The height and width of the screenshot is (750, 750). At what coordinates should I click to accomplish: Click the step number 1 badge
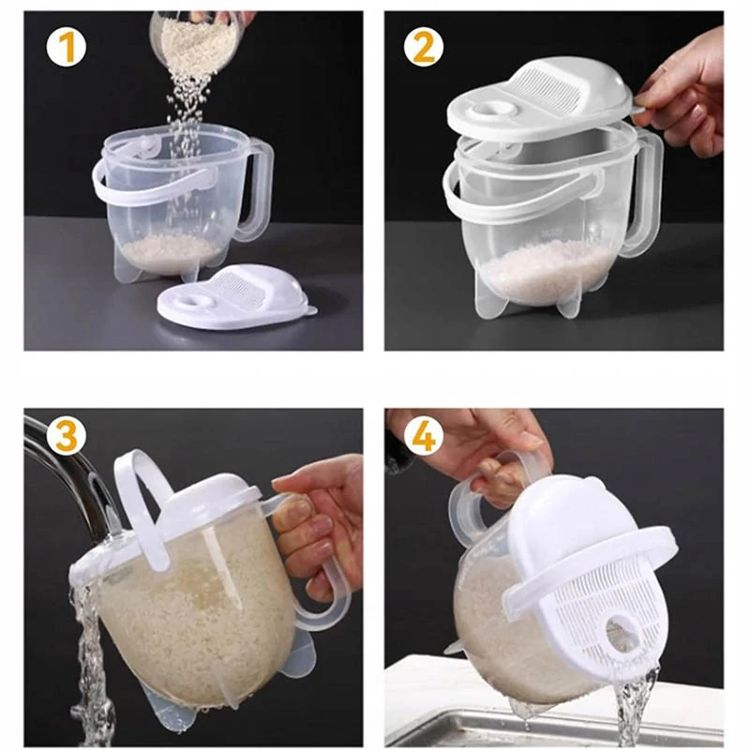click(x=67, y=48)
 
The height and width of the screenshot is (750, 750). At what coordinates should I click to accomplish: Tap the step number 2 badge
click(x=424, y=48)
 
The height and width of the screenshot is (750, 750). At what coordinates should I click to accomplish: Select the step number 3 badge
click(x=67, y=436)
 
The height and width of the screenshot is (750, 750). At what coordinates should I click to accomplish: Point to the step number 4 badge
click(x=424, y=436)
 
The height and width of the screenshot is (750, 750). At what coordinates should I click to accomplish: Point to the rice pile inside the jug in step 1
click(x=171, y=251)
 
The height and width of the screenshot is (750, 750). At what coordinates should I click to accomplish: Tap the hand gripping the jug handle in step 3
click(x=320, y=521)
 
